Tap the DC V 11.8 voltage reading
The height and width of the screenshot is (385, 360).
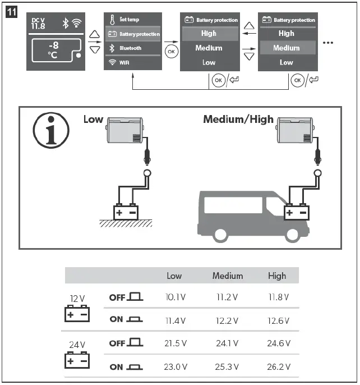39,23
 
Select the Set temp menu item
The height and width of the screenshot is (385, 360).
132,20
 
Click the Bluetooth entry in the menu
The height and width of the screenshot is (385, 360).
132,48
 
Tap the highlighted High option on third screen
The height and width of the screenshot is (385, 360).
209,34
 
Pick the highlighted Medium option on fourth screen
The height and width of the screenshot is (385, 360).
287,48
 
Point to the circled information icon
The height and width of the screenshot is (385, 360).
50,132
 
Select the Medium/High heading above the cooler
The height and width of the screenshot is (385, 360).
238,120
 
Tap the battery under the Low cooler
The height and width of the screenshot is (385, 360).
126,212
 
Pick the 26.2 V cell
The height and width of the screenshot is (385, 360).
278,368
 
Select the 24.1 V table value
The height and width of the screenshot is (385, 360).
227,343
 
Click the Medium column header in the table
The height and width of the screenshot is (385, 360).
228,276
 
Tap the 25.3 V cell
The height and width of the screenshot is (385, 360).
227,368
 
